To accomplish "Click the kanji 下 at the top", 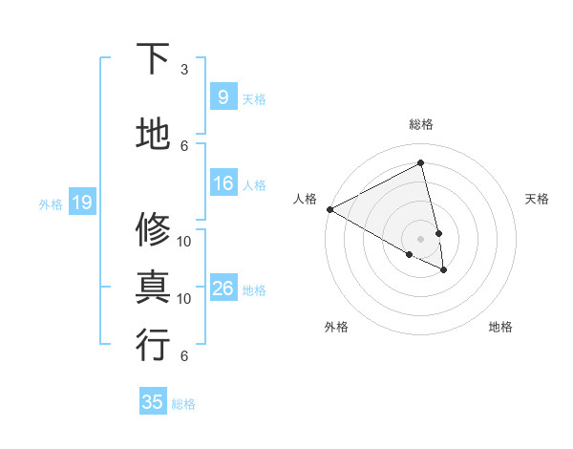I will [153, 59].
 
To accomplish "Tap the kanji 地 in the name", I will [153, 135].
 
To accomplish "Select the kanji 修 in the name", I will [153, 229].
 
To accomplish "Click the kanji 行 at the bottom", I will [153, 345].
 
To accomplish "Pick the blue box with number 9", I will [223, 97].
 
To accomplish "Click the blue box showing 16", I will [223, 183].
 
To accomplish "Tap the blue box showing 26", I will [223, 289].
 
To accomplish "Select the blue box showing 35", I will [153, 402].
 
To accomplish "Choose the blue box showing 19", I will [81, 203].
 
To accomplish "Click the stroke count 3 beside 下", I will [184, 70].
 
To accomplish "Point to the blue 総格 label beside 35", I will [183, 404].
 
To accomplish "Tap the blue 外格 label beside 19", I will [51, 203].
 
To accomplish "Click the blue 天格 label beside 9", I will [254, 99].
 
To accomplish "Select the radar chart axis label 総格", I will [421, 124].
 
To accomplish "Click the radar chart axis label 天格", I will [538, 199].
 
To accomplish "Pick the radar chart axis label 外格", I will [336, 327].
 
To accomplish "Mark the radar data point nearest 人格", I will [329, 209].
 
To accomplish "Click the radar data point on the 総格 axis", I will [421, 162].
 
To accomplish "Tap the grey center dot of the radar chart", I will [421, 238].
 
